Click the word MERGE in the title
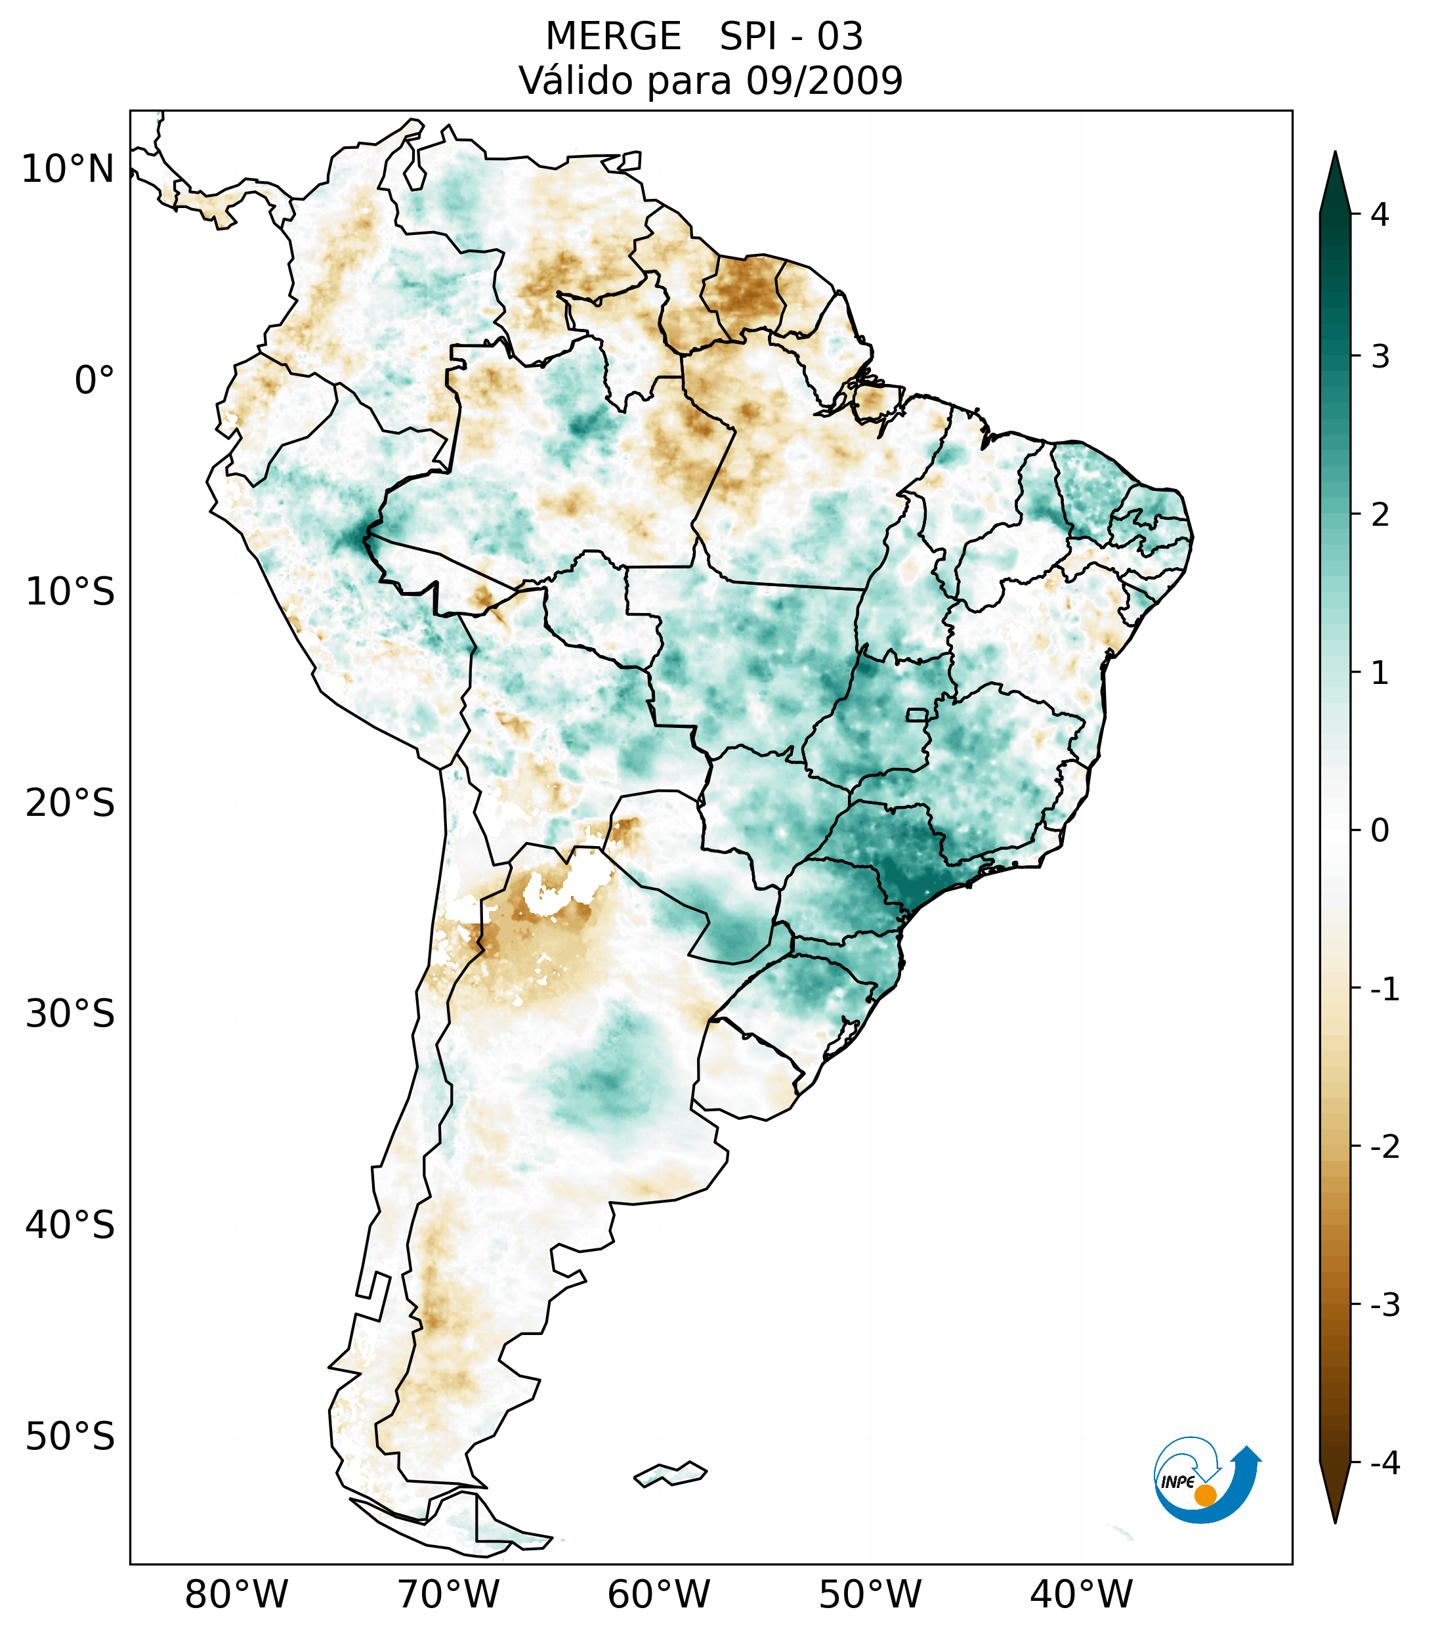[614, 37]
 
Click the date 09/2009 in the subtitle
[824, 81]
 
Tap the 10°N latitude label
[68, 169]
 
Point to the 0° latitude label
[95, 381]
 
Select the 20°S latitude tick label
[70, 803]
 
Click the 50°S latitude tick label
[70, 1437]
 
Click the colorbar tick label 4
[1380, 215]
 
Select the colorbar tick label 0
[1380, 831]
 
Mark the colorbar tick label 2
[1380, 515]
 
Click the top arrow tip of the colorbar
[1335, 154]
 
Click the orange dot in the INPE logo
[1205, 1495]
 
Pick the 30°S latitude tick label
[70, 1014]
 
